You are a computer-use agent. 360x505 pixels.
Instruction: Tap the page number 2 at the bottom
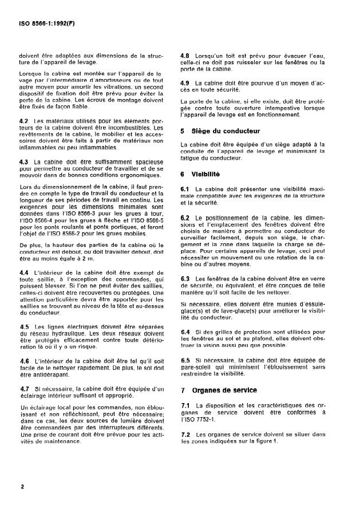(21, 486)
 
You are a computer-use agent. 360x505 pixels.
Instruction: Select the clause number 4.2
(23, 121)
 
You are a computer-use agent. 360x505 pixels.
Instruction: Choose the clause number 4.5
(23, 326)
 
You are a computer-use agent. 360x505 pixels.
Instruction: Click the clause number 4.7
(23, 388)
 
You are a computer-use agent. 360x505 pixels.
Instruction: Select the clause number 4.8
(185, 49)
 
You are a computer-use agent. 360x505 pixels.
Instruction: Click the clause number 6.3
(185, 278)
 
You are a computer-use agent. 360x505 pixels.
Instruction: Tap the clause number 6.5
(185, 361)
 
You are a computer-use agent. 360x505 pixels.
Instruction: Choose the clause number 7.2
(185, 434)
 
